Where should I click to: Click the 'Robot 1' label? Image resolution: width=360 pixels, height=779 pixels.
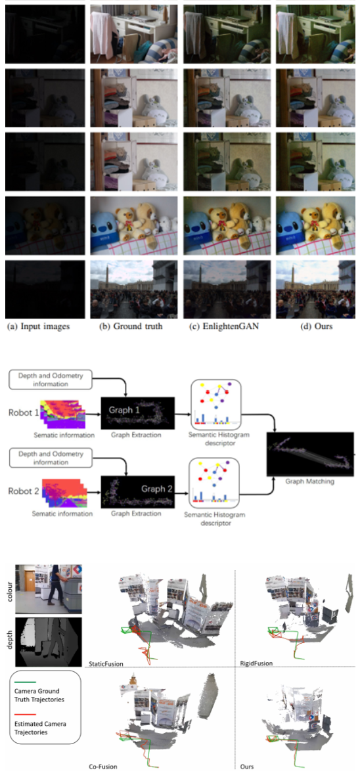(22, 414)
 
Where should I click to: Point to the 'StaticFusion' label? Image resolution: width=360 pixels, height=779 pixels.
(105, 664)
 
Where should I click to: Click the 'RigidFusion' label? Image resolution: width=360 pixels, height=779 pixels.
(256, 664)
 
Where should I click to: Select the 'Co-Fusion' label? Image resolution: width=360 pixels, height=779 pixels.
(102, 767)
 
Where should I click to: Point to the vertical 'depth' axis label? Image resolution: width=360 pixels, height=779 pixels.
(9, 637)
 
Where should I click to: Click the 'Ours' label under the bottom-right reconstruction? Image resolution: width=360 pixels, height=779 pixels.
(248, 767)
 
